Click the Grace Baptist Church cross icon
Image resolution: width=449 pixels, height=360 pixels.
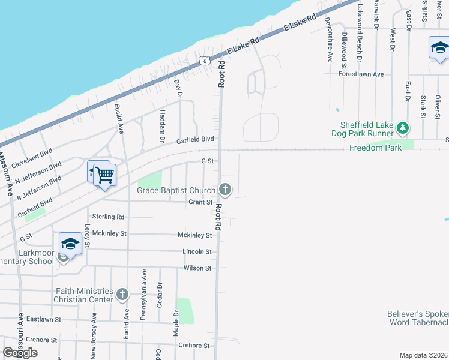tap(225, 190)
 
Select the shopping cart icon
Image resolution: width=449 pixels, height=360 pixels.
tap(105, 175)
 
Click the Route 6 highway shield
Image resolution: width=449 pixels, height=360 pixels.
tap(205, 61)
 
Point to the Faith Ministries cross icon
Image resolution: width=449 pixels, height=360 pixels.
tap(122, 294)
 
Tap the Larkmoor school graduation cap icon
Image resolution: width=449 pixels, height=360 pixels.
tap(70, 244)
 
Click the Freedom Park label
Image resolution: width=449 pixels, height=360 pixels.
tap(376, 147)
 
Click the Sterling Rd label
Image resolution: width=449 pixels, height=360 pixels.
tap(108, 216)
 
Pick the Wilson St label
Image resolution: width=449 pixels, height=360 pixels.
tap(197, 268)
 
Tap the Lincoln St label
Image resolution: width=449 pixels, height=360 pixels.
tap(197, 251)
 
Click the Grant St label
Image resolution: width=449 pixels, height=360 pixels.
tap(200, 202)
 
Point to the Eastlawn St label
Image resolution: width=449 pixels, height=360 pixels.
tap(44, 320)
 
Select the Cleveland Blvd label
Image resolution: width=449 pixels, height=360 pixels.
tap(33, 158)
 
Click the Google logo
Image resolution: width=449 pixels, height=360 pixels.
tap(20, 353)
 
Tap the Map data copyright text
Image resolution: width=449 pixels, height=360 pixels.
tap(424, 355)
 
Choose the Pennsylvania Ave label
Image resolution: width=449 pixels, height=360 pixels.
tap(144, 295)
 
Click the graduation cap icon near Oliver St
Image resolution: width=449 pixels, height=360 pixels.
tap(439, 47)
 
